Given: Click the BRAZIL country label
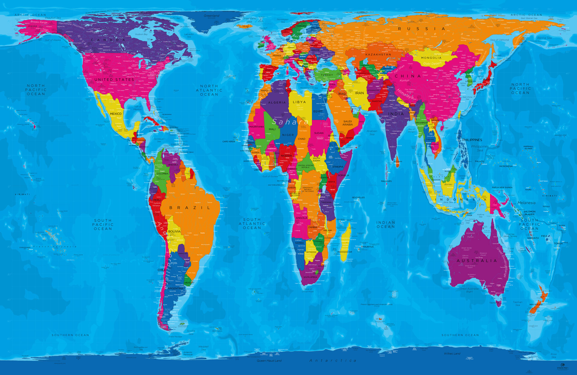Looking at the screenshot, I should coord(190,208).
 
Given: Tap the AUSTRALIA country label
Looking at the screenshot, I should coord(477,261).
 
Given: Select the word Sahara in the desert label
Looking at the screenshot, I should coord(290,122).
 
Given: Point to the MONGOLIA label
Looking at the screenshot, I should coord(431,58).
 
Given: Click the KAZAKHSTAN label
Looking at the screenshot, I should coord(378,55).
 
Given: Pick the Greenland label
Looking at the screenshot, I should coord(212,16).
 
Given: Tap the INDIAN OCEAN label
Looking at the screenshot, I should coord(386,224).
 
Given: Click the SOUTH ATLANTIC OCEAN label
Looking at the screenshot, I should coord(252,224).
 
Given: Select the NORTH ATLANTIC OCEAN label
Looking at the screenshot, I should coord(209,90).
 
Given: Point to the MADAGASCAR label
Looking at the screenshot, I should coord(345,252).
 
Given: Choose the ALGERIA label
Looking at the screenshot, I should coord(277,102).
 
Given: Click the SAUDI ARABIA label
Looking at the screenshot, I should coord(347,123).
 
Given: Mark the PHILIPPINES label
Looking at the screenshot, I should coord(472,140).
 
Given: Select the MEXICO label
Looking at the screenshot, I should coord(116,114).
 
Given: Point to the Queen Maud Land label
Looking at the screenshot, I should coord(269,361).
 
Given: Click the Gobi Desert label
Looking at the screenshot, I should coord(432,63).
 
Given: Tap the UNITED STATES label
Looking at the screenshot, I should coord(114,80).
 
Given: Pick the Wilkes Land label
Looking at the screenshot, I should coord(452,353).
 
